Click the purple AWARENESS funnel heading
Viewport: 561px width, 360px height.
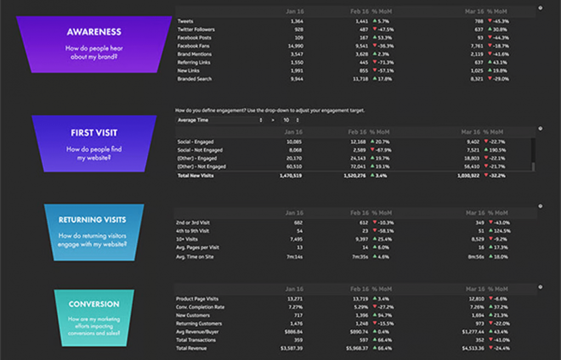point(94,32)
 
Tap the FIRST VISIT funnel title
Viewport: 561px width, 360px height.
point(94,133)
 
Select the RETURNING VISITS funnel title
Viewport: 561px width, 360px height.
point(92,220)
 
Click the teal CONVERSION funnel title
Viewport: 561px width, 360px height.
point(94,304)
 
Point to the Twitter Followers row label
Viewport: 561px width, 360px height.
point(196,30)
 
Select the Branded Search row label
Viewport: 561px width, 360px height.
point(194,79)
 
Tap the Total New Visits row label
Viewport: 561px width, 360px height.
point(195,176)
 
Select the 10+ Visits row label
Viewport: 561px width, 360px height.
point(188,239)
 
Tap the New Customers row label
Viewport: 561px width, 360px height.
point(192,316)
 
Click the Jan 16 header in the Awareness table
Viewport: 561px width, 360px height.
point(294,12)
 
